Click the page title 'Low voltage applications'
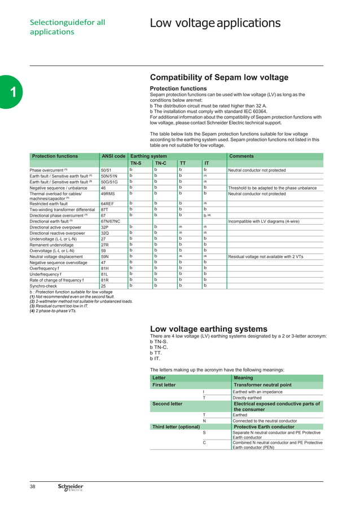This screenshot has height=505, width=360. pyautogui.click(x=215, y=23)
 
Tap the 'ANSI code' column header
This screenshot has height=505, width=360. pyautogui.click(x=112, y=156)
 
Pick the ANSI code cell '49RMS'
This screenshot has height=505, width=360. pyautogui.click(x=108, y=194)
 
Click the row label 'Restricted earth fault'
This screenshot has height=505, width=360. pyautogui.click(x=54, y=203)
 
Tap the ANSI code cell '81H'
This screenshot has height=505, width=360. pyautogui.click(x=104, y=268)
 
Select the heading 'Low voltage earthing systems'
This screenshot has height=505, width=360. pyautogui.click(x=208, y=329)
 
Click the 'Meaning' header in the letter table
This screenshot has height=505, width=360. pyautogui.click(x=243, y=378)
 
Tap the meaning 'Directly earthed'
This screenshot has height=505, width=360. pyautogui.click(x=247, y=398)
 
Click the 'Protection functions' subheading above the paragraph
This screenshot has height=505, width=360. pyautogui.click(x=178, y=89)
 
